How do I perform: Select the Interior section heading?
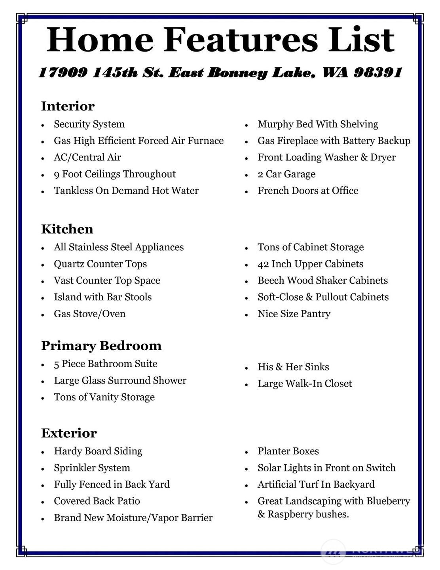point(68,106)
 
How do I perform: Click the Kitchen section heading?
point(67,229)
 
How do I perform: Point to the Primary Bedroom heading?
point(101,346)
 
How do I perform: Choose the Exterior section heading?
point(69,433)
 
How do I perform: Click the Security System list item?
point(89,124)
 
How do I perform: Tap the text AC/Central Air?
point(87,158)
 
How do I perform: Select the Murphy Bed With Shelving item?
point(318,124)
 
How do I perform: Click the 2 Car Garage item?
point(286,174)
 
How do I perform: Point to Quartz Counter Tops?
point(100,264)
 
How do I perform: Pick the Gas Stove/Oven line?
point(89,314)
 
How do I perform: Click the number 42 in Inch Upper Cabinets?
point(263,264)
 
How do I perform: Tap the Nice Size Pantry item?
point(294,314)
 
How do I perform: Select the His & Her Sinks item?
point(293,367)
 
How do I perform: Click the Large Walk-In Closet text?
point(305,384)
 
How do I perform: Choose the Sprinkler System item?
point(92,468)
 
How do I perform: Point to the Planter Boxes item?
point(288,452)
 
